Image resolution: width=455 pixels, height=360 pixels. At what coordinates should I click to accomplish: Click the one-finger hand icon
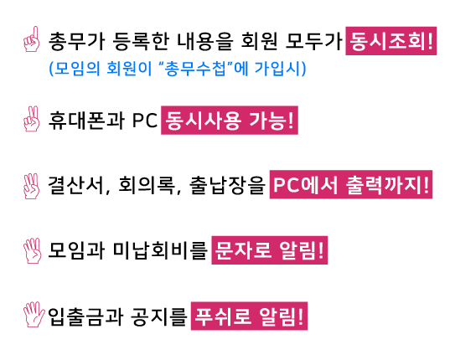tap(32, 39)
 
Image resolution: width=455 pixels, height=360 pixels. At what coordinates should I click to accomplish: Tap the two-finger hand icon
tap(32, 119)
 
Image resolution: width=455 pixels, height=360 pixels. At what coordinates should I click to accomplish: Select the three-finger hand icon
tap(32, 186)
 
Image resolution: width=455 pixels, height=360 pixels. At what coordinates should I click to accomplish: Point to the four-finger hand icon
tap(32, 250)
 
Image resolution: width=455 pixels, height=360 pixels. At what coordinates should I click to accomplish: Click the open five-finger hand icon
tap(34, 315)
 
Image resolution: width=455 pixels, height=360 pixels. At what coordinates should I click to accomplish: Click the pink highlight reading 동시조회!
tap(390, 41)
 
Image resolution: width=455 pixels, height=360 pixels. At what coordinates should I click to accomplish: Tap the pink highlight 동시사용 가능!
tap(230, 121)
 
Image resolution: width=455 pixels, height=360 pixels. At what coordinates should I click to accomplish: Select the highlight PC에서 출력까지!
tap(351, 185)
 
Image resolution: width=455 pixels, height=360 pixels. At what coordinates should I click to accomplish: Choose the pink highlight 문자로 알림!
tap(270, 250)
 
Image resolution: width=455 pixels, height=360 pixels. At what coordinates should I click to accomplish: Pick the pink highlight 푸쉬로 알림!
tap(249, 316)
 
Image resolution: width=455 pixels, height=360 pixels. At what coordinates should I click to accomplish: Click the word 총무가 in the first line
tap(76, 41)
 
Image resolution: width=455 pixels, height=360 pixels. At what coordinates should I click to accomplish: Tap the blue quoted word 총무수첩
tap(194, 69)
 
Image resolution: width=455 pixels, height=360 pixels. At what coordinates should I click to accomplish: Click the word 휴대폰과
tap(86, 121)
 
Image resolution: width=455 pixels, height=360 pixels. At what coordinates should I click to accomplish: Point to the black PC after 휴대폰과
tap(145, 121)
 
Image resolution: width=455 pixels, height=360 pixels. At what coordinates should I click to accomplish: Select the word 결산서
tap(76, 185)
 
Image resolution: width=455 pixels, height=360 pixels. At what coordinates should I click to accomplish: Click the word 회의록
tap(147, 185)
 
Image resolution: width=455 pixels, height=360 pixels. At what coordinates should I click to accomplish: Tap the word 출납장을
tap(228, 185)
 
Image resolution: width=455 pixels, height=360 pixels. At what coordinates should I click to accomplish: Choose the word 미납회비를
tap(160, 250)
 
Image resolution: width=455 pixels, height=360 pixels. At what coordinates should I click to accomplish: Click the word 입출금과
tap(85, 316)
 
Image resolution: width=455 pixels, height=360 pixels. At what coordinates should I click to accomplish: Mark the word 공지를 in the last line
tap(158, 316)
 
